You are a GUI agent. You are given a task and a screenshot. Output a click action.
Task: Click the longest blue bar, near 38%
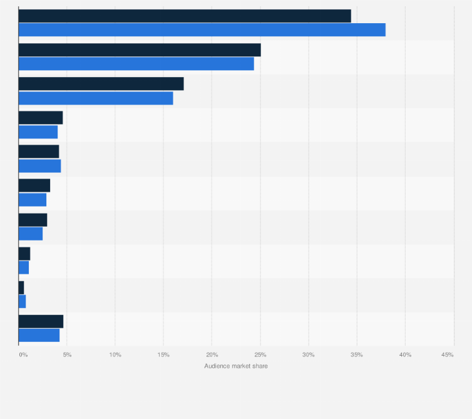(x=202, y=30)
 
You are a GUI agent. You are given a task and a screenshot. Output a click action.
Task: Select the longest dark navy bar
(x=185, y=16)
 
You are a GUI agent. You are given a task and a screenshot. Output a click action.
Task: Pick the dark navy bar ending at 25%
(x=140, y=50)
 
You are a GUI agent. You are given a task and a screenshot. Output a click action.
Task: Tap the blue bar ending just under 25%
(x=136, y=64)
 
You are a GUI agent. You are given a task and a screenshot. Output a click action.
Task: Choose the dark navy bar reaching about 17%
(x=101, y=84)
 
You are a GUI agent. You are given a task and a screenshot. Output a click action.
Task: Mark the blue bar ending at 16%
(x=96, y=98)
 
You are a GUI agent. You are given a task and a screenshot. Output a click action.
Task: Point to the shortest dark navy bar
(x=21, y=287)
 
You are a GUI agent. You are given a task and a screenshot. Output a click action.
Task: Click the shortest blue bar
(x=22, y=301)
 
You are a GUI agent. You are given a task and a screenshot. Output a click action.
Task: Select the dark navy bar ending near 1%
(x=24, y=254)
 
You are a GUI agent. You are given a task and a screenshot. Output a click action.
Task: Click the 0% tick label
(x=23, y=355)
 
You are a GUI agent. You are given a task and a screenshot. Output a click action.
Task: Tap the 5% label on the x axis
(x=67, y=355)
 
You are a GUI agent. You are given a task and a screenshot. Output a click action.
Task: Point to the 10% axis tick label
(x=115, y=355)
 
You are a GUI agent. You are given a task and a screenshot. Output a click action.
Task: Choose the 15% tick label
(x=163, y=355)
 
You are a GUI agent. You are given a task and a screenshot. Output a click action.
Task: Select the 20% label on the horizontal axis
(x=212, y=355)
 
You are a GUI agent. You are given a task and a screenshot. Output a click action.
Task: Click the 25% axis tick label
(x=260, y=355)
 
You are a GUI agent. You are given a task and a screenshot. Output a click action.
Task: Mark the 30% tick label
(x=309, y=355)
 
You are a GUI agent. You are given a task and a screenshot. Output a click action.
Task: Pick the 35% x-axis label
(x=357, y=355)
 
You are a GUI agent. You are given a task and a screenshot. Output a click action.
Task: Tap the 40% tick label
(x=405, y=355)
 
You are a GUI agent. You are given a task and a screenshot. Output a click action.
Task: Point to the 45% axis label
(x=447, y=355)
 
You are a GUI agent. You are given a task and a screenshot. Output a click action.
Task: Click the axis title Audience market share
(x=236, y=366)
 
